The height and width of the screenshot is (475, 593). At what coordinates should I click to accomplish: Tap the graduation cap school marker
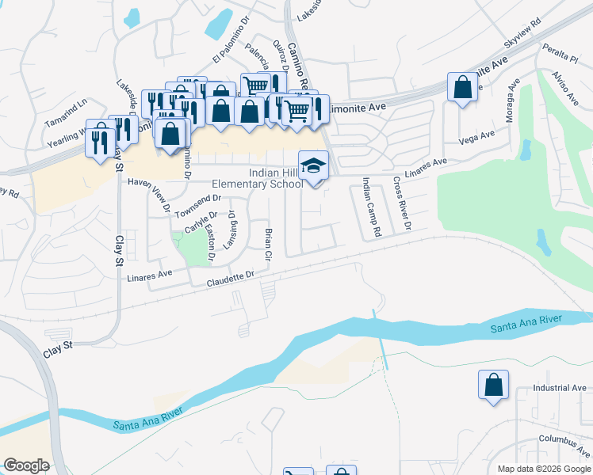tap(313, 166)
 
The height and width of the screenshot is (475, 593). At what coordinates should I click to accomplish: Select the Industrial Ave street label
tap(559, 388)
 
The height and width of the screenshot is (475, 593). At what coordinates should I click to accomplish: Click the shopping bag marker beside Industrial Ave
tap(493, 385)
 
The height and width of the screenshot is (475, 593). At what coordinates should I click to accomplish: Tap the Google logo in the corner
tap(26, 465)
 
